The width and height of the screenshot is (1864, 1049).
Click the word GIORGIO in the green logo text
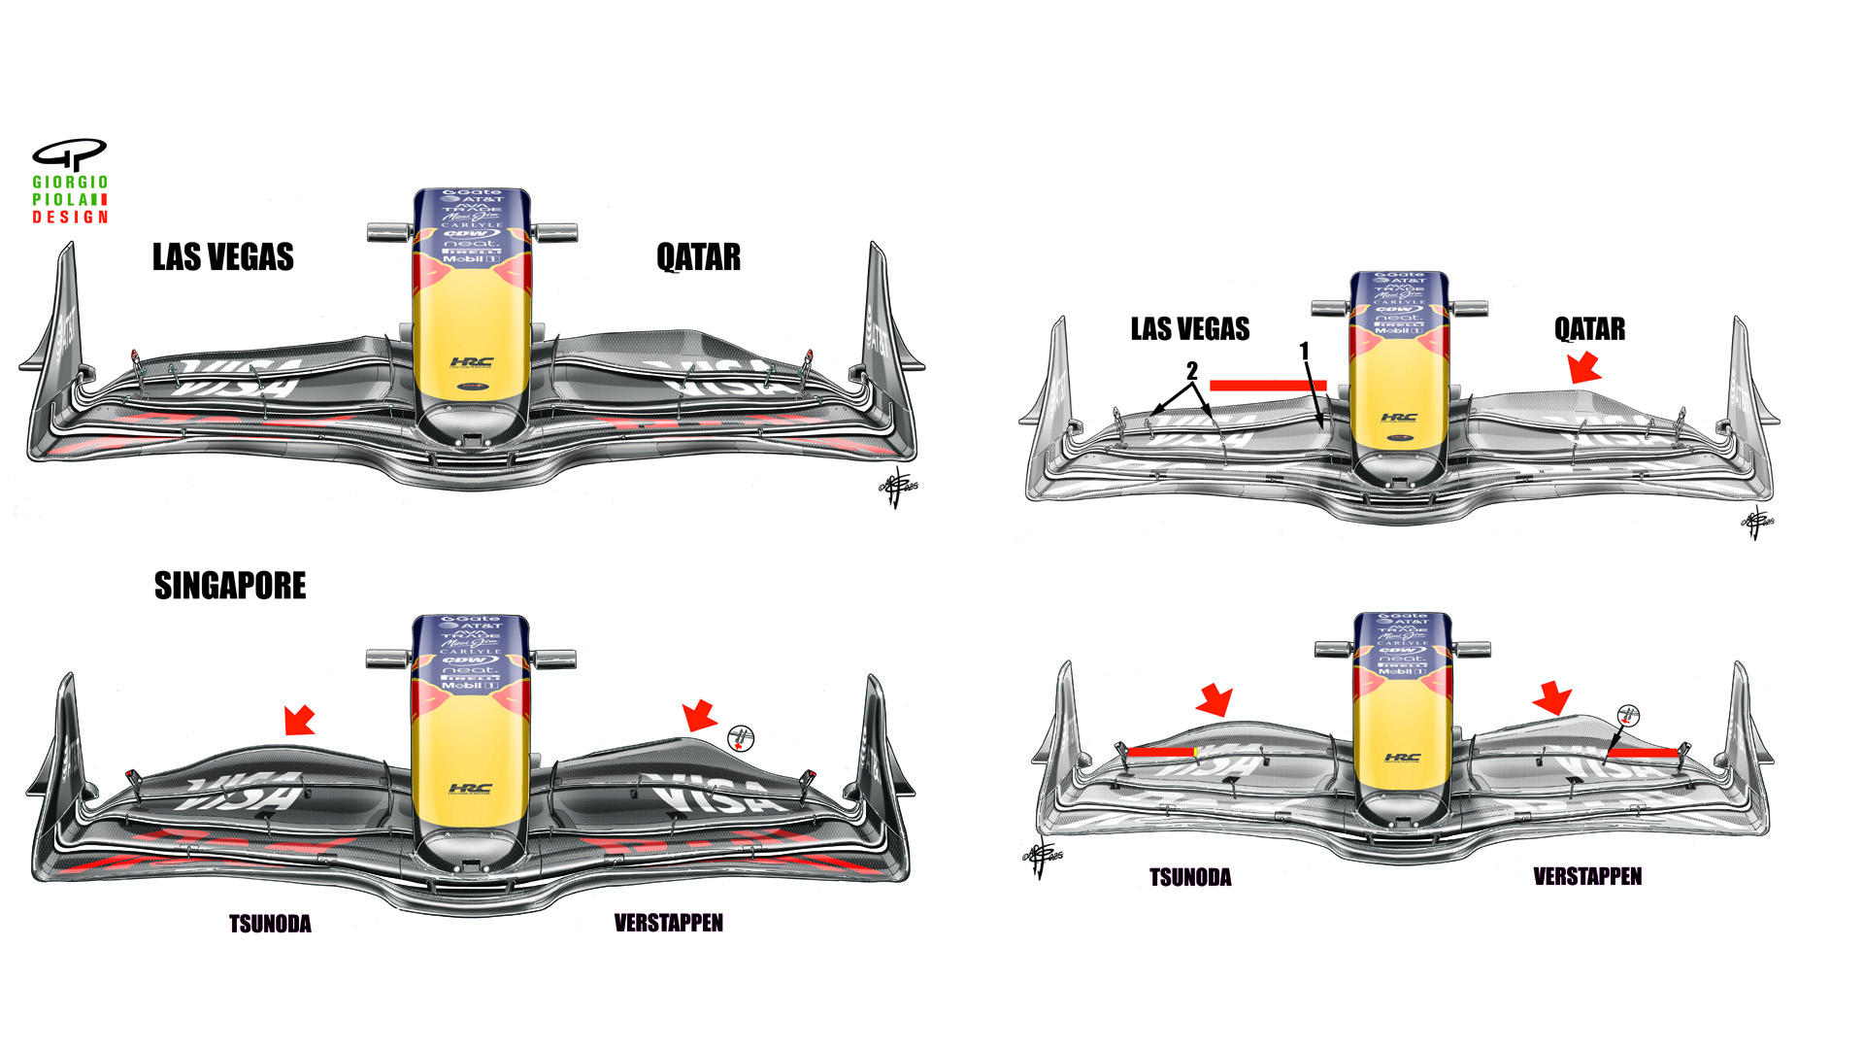point(70,183)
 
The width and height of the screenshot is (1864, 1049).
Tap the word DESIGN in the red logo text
point(70,218)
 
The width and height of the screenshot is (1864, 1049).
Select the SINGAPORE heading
point(230,586)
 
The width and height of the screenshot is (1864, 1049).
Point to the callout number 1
point(1304,351)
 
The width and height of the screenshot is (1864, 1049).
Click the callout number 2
point(1191,370)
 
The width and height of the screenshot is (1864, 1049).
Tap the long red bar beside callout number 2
point(1268,386)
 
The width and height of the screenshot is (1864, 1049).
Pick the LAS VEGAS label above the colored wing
point(223,257)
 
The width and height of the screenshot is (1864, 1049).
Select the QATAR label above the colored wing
point(698,257)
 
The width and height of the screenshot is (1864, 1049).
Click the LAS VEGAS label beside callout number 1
point(1190,329)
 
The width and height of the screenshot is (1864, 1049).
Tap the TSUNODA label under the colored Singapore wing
point(270,924)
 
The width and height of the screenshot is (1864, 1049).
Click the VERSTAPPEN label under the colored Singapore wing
point(669,923)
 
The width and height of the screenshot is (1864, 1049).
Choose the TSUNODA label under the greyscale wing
point(1190,878)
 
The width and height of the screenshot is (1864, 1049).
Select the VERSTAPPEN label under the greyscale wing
point(1587,877)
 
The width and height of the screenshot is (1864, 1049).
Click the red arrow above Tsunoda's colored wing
point(299,721)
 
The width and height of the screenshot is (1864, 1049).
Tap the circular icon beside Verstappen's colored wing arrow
point(741,738)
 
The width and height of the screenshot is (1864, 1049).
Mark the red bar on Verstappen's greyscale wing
point(1643,753)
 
